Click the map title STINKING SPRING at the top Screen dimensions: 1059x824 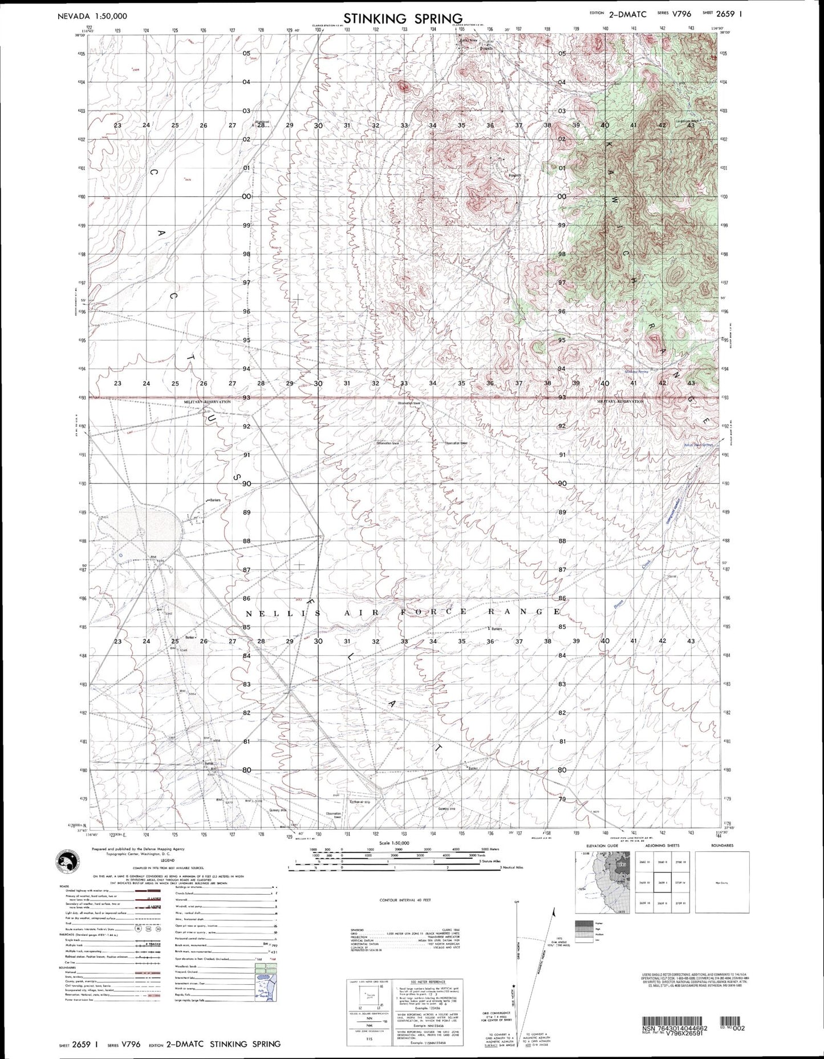click(x=403, y=18)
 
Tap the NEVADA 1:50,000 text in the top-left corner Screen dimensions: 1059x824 click(x=92, y=17)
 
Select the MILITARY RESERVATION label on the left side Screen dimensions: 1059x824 click(x=208, y=401)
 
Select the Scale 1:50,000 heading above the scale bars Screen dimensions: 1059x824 click(x=394, y=842)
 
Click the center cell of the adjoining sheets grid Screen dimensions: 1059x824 click(x=661, y=883)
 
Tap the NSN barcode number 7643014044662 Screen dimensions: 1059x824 click(x=675, y=1028)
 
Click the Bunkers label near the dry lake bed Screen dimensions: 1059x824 click(x=214, y=500)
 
